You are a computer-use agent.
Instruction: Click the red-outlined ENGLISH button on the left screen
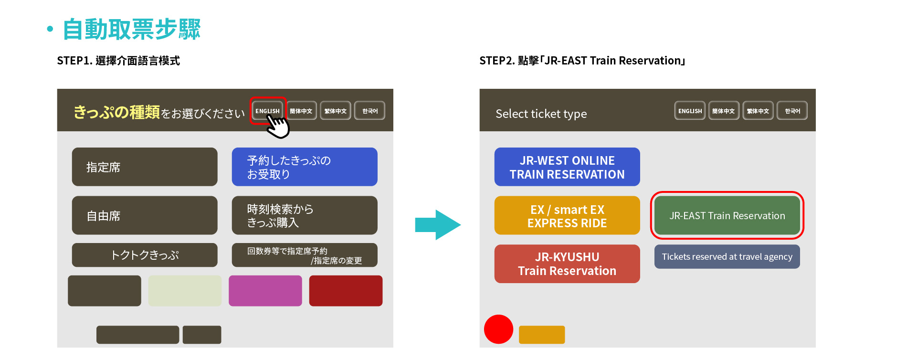267,111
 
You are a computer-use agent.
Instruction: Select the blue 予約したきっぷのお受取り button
305,167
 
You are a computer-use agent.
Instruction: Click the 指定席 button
145,167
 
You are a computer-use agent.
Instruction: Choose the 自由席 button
145,215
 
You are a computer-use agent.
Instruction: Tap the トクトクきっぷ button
145,255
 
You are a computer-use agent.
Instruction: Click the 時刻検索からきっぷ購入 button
305,215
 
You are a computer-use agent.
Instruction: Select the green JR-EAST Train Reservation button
727,216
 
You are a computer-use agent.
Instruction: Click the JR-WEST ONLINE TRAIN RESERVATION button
567,167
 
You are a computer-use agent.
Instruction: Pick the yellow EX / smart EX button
567,216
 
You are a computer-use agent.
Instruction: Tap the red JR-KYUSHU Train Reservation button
567,264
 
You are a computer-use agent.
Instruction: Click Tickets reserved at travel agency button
727,257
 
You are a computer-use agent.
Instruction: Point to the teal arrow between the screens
437,224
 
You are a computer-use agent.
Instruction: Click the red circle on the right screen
498,329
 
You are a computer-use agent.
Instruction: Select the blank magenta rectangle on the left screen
265,291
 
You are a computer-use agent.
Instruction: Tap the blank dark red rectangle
346,291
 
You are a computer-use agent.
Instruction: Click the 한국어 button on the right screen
792,111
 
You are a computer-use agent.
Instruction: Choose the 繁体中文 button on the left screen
336,111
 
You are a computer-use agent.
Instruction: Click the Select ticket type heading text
541,114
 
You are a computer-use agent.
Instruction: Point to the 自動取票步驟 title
131,30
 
